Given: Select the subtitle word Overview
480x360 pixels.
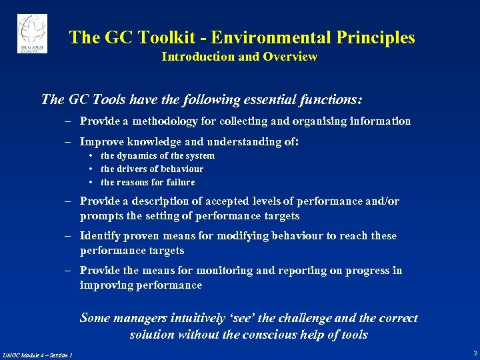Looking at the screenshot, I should pyautogui.click(x=290, y=57).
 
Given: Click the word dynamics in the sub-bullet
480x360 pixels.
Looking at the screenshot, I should pyautogui.click(x=138, y=155).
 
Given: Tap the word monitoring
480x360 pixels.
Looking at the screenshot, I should pyautogui.click(x=218, y=271).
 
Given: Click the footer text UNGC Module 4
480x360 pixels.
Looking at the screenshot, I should pyautogui.click(x=24, y=354).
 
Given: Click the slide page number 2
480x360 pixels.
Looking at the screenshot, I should pyautogui.click(x=474, y=353).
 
